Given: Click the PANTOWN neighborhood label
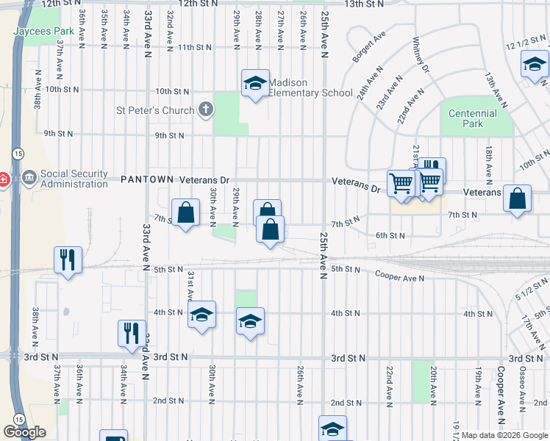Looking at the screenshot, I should click(147, 179).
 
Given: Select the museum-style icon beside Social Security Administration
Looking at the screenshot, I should click(29, 177).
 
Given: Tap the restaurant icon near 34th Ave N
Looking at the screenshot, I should click(132, 334).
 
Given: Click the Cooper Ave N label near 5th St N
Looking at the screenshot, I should click(400, 277).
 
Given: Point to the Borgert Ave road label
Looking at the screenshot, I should click(369, 46).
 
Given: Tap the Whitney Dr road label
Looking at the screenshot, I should click(421, 56).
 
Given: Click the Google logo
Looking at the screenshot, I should click(24, 432).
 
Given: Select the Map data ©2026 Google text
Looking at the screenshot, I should click(504, 435).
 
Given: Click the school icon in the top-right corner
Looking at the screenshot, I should click(534, 65).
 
